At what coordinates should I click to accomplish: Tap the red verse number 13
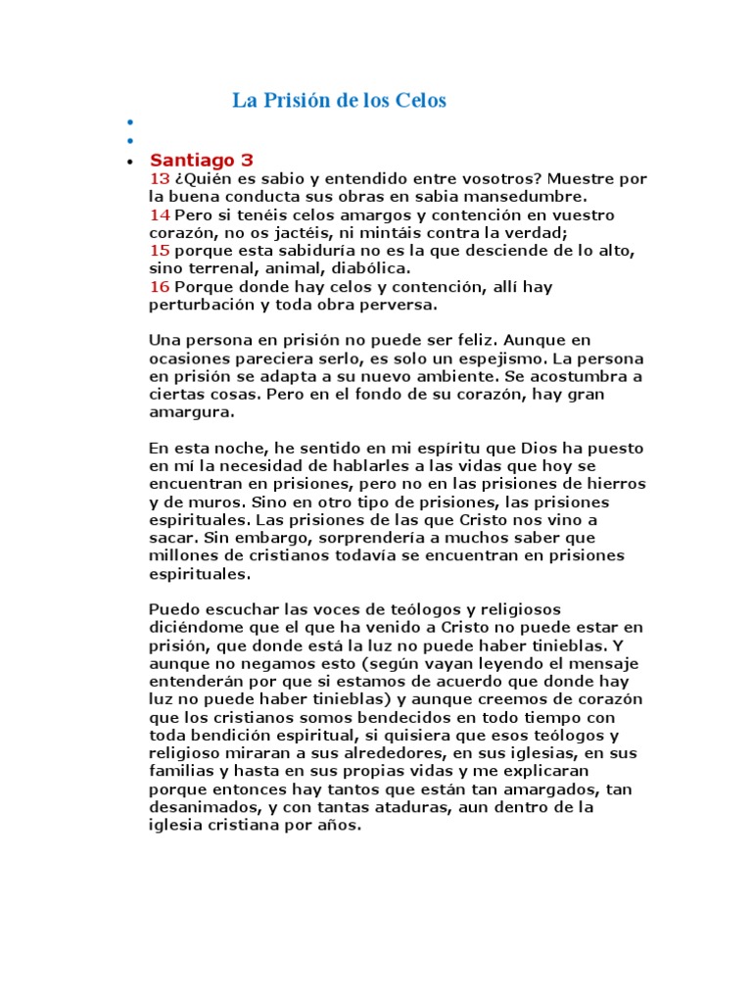tap(160, 178)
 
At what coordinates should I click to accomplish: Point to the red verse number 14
tap(160, 215)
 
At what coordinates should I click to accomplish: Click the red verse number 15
tap(160, 251)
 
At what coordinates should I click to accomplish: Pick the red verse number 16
tap(160, 286)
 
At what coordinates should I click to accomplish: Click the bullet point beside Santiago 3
tap(130, 162)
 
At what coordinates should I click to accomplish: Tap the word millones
tap(180, 556)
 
